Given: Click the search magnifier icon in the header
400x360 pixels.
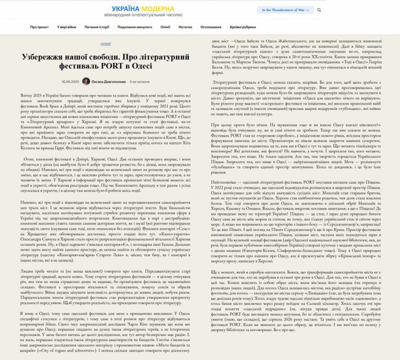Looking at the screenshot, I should coord(319,9).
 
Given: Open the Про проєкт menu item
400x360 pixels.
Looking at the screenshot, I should coord(40,27).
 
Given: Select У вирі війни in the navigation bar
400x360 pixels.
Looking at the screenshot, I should coord(67,27).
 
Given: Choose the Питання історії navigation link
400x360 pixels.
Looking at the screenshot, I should coord(97,27).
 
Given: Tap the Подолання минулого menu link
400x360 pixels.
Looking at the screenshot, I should coord(135,27).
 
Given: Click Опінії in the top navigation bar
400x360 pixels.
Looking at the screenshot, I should coord(165,27).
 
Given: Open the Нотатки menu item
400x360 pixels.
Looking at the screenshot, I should coord(185,27).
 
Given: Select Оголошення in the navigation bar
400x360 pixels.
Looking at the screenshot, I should coord(210,27).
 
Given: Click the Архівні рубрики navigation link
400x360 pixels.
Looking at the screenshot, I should coord(242,27).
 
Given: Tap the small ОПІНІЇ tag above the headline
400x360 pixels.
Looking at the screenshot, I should coord(106,45).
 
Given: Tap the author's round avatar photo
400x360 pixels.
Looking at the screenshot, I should coord(86,81).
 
